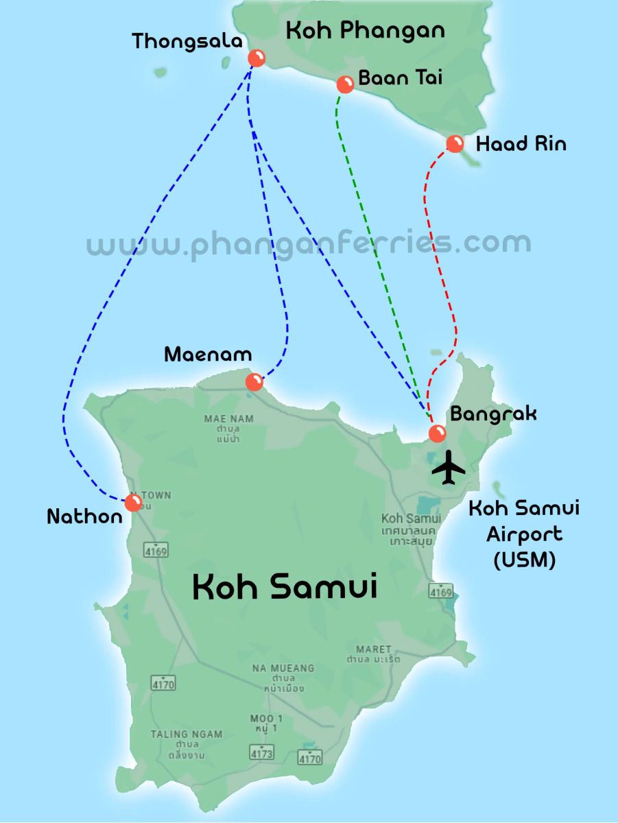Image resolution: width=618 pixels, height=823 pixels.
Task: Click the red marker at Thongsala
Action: point(257,58)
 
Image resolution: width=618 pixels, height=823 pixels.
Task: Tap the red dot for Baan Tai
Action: point(345,84)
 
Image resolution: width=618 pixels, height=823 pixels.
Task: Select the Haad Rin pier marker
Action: point(455,143)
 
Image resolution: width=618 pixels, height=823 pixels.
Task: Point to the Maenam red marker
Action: point(254,382)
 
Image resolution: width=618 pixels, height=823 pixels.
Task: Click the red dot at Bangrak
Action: point(437,433)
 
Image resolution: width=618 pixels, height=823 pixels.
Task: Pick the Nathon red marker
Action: point(134,503)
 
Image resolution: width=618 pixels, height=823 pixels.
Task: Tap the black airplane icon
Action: point(449,468)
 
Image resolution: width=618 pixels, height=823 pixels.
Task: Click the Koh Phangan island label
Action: point(365,30)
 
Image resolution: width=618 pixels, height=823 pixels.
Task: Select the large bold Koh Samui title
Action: point(285,588)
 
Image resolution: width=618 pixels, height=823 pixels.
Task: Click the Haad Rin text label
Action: point(521,144)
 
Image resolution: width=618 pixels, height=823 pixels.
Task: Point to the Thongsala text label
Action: point(187,41)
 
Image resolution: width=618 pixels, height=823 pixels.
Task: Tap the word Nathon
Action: point(84,516)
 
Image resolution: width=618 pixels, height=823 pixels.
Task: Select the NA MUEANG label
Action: point(283,668)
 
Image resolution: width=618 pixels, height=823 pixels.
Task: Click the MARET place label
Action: point(374,649)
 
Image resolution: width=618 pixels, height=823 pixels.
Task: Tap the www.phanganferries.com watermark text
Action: point(309,243)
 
